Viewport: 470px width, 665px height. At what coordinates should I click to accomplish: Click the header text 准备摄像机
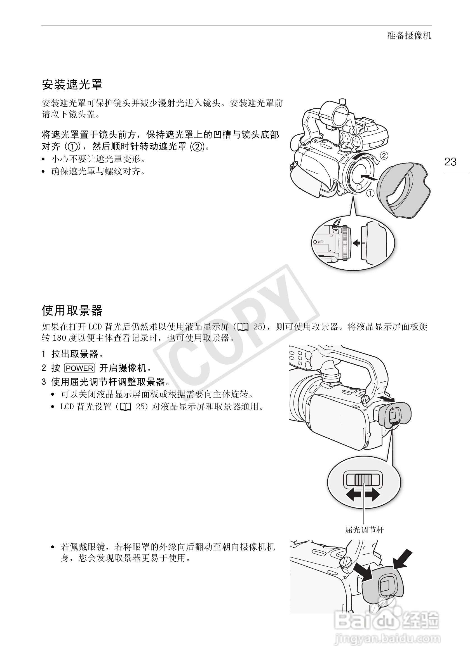coord(409,36)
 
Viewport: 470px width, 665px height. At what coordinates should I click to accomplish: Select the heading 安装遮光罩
coord(72,85)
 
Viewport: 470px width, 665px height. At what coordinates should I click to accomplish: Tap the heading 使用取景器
coord(72,310)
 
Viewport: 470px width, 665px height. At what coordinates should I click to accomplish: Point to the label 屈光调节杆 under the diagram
coord(364,530)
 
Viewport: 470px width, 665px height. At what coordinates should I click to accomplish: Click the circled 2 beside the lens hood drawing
coord(384,156)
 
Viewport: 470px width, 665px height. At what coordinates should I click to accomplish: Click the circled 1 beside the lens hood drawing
coord(370,193)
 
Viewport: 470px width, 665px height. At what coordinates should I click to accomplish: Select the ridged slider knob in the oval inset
coord(363,480)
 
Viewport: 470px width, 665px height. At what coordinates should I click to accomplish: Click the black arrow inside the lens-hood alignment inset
coord(356,243)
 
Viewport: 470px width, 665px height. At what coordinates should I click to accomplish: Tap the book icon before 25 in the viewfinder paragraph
coord(243,327)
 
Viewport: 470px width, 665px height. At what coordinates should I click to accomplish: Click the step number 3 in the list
coord(44,382)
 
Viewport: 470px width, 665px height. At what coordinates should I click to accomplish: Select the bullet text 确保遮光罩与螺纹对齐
coord(98,172)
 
